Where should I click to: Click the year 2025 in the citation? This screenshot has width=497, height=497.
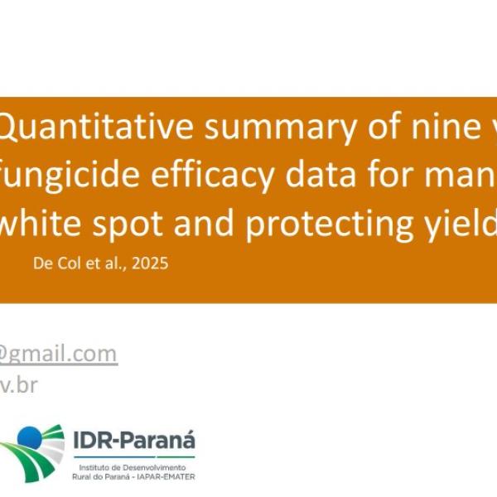tap(151, 264)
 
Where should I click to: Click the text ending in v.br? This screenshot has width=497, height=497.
tap(18, 385)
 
